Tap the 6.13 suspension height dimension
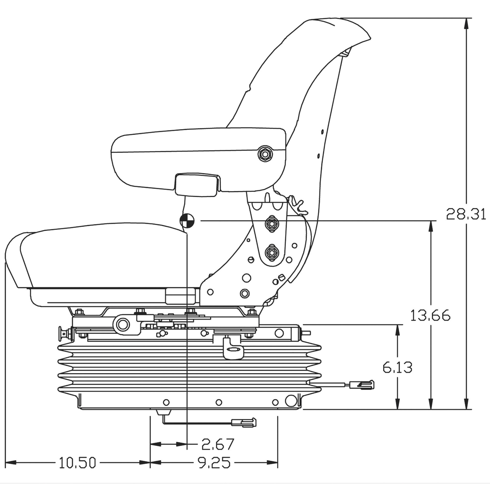click(397, 367)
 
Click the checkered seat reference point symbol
click(187, 221)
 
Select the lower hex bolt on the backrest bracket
click(272, 252)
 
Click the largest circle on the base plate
click(291, 401)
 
